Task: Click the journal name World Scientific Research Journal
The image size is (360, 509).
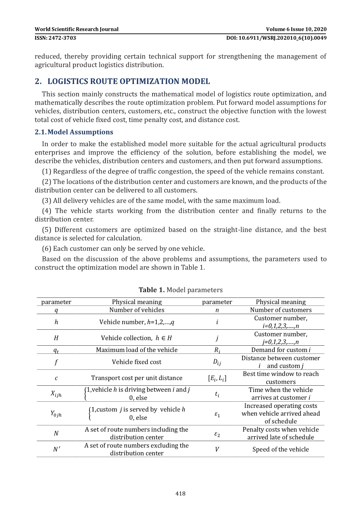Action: point(76,29)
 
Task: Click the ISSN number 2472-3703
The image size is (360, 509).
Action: point(55,38)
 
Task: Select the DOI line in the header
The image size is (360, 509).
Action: point(276,38)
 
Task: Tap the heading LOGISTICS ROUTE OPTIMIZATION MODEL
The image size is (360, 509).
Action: point(128,81)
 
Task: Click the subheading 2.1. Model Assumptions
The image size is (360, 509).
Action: point(74,132)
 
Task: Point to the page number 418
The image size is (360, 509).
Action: point(180,493)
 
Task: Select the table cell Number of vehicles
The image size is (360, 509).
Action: point(137,310)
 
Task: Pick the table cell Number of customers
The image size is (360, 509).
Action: point(281,310)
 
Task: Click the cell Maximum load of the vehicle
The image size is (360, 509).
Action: point(137,350)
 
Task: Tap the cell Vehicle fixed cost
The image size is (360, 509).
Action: point(137,362)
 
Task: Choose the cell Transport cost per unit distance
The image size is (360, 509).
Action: point(137,378)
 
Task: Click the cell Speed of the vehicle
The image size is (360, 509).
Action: point(281,450)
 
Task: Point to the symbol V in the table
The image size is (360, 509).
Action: point(217,450)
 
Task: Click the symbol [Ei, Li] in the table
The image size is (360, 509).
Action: point(217,378)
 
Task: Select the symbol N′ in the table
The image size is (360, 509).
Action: point(56,450)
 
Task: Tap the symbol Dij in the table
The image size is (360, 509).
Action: point(217,362)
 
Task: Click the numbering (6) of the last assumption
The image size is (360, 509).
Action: point(47,248)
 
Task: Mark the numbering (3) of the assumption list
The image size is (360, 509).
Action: point(47,201)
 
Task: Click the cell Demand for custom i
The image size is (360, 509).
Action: point(281,350)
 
